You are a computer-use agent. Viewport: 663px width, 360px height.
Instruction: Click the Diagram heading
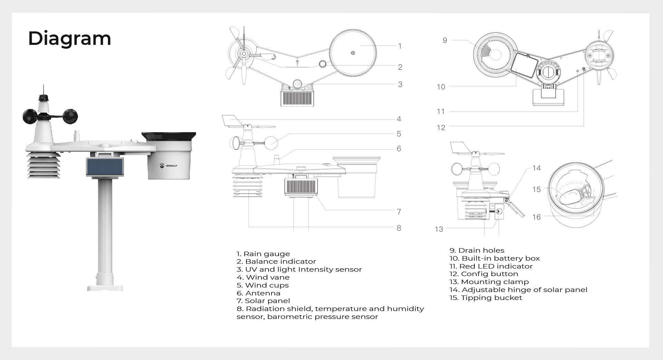click(x=69, y=38)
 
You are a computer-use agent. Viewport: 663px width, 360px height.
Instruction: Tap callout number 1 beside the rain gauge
click(x=400, y=46)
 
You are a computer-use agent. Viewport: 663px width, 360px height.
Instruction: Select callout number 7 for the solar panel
click(x=399, y=212)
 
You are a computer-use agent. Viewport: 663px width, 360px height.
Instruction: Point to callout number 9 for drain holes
click(x=445, y=40)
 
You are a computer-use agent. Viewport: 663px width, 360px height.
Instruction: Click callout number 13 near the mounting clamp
click(x=439, y=229)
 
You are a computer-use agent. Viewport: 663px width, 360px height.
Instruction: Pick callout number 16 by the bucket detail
click(x=536, y=217)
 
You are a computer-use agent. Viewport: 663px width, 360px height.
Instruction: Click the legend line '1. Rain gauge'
click(x=263, y=254)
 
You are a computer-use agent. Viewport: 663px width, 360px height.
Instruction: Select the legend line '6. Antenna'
click(x=259, y=293)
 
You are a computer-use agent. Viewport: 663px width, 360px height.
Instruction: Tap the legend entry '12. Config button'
click(x=484, y=274)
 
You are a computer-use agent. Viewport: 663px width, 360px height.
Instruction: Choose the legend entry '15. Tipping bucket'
click(x=486, y=298)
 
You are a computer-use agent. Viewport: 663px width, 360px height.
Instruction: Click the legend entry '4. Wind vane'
click(x=263, y=277)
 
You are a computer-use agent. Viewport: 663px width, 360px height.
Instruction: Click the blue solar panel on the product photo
click(x=105, y=167)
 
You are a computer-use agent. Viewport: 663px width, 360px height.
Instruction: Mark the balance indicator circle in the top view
click(x=323, y=64)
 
